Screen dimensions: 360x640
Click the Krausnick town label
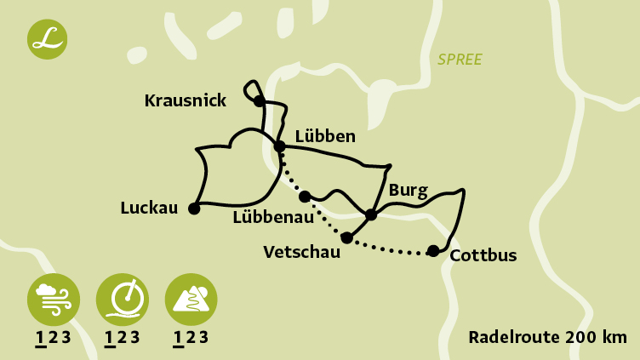186,101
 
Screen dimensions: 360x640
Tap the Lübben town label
325,136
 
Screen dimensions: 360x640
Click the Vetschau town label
301,252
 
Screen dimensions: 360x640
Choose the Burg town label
408,190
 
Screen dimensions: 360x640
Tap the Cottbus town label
483,255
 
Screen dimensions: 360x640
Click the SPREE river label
460,60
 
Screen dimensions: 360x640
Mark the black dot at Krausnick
260,101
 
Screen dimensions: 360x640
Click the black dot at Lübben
279,146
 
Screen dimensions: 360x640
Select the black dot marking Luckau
194,209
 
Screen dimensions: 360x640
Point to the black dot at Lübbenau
305,197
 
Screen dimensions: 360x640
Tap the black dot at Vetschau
346,237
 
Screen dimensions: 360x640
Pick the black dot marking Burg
371,214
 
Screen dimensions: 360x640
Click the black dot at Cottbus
433,250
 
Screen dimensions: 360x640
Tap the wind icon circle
54,299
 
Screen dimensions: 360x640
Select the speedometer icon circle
123,299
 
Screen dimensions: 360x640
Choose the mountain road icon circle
191,299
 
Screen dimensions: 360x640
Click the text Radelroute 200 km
547,337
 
